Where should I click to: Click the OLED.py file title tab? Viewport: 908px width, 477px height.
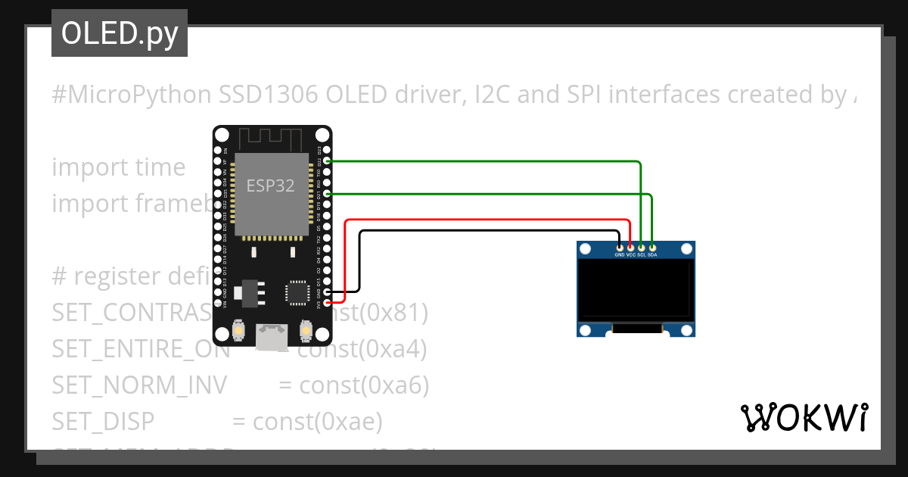point(119,34)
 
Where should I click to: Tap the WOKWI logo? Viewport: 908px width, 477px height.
point(804,417)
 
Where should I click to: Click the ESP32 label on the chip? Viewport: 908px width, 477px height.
point(270,185)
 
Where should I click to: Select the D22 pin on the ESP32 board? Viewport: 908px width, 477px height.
point(327,161)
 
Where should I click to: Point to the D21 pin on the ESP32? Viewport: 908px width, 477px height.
point(327,194)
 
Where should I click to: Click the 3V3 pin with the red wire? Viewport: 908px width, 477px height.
point(327,303)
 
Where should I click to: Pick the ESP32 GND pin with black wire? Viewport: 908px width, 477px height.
point(327,291)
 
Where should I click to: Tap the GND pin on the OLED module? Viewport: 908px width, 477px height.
point(620,247)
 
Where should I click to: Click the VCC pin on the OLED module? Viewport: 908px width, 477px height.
point(630,247)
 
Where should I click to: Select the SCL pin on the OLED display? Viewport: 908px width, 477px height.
point(641,247)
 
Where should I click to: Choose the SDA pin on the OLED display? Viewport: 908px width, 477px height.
point(651,247)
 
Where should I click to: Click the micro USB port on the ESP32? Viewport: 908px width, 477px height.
point(272,338)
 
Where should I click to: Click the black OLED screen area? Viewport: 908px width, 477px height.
point(636,290)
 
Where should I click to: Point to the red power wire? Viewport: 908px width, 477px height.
point(484,220)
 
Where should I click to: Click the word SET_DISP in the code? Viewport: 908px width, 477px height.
point(103,421)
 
